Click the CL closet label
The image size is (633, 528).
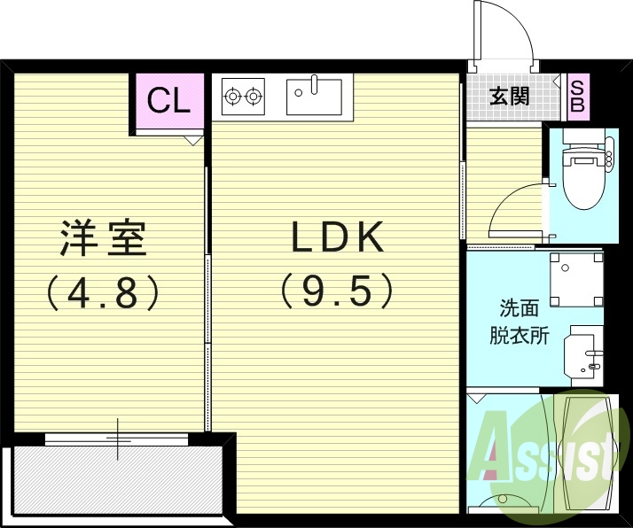[x=168, y=101]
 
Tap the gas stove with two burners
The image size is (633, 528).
[x=243, y=95]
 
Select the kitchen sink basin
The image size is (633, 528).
[x=315, y=95]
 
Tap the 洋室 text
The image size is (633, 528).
[x=103, y=240]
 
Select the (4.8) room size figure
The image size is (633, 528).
[x=103, y=292]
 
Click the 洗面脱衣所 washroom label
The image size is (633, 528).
[x=520, y=322]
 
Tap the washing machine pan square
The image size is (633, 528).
[x=575, y=279]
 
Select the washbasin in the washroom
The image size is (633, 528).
[x=584, y=354]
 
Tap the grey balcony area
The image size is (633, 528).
[x=115, y=479]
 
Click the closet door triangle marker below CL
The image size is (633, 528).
[x=193, y=140]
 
